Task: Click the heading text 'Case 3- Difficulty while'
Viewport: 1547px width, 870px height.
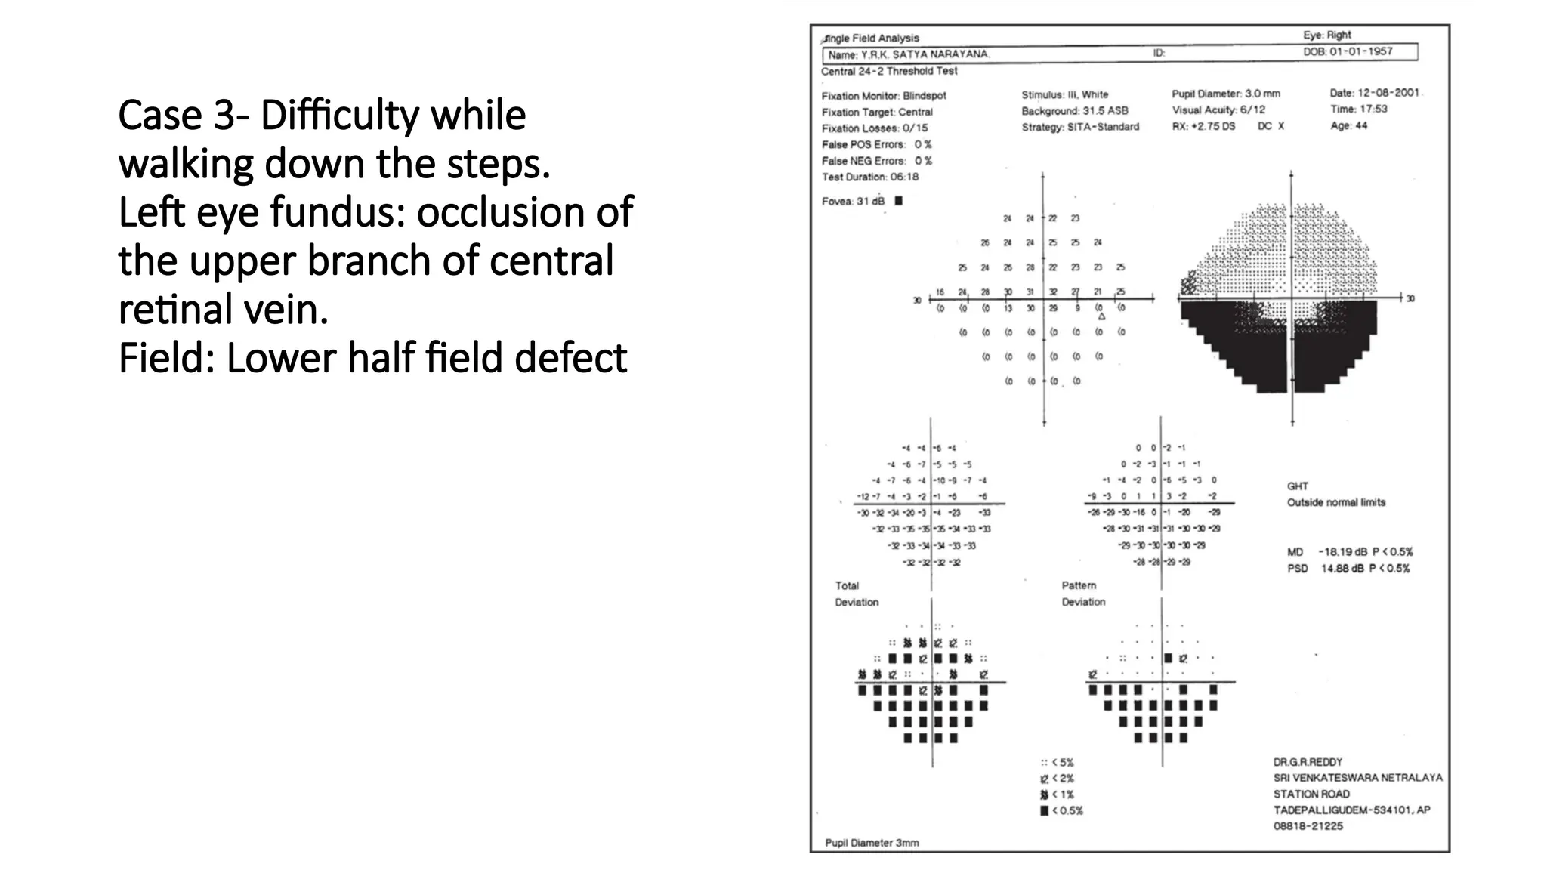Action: click(x=322, y=116)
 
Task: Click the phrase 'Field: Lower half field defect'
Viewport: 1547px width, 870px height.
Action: click(x=372, y=358)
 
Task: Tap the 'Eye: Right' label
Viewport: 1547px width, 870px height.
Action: click(x=1326, y=35)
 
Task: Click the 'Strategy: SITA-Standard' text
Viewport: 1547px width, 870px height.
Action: click(x=1080, y=127)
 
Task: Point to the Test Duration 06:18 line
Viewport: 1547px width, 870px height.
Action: click(x=870, y=177)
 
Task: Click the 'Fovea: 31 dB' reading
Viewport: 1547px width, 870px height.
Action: click(x=853, y=201)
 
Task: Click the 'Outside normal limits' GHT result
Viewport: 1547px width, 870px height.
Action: click(x=1336, y=502)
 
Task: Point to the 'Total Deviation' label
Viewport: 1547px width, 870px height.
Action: click(x=856, y=594)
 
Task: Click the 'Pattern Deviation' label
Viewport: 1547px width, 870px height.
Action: click(x=1082, y=594)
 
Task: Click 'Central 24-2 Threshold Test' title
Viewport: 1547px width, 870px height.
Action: click(x=889, y=71)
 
